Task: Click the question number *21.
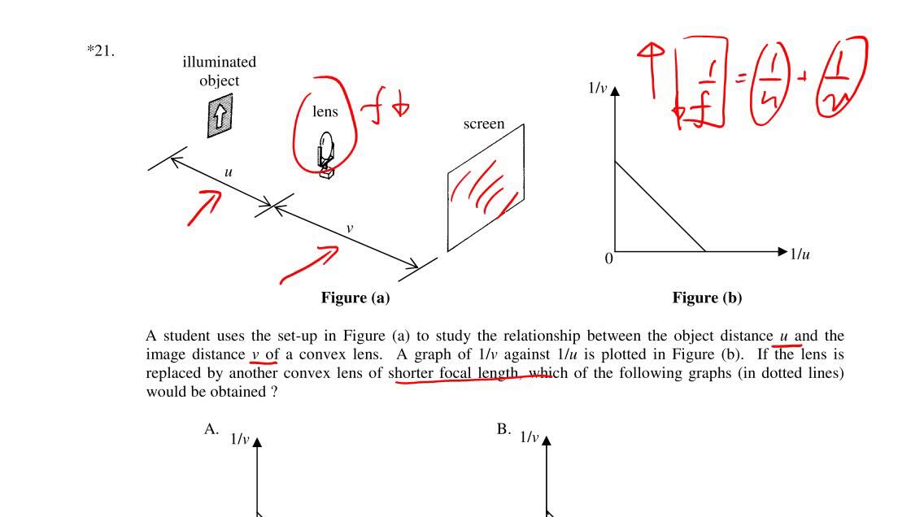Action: point(101,52)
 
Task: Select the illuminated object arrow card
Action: point(219,116)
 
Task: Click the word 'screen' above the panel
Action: point(483,124)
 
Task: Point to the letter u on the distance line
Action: point(229,172)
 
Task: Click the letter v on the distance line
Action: point(350,228)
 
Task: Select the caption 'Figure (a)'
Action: point(355,298)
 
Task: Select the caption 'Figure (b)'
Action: point(707,298)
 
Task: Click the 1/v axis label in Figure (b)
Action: point(598,88)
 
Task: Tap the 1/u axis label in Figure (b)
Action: point(800,254)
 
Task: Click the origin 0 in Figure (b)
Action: point(608,259)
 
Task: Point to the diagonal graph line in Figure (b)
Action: point(660,206)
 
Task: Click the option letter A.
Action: point(211,429)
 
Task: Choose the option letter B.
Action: point(503,429)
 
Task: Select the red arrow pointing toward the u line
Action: point(205,207)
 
